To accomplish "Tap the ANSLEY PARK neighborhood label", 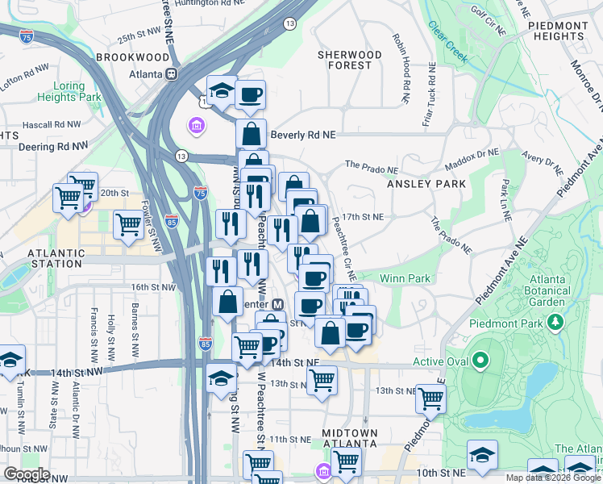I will [426, 184].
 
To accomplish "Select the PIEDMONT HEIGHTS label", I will [558, 31].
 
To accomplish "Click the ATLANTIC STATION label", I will [55, 258].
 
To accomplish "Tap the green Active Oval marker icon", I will [480, 361].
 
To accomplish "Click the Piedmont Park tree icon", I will [555, 323].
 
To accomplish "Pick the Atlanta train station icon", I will [171, 73].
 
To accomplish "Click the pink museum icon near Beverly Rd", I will [195, 126].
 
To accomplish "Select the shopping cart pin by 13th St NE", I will [322, 378].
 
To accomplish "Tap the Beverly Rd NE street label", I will [302, 136].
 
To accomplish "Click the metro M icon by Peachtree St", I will [277, 305].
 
